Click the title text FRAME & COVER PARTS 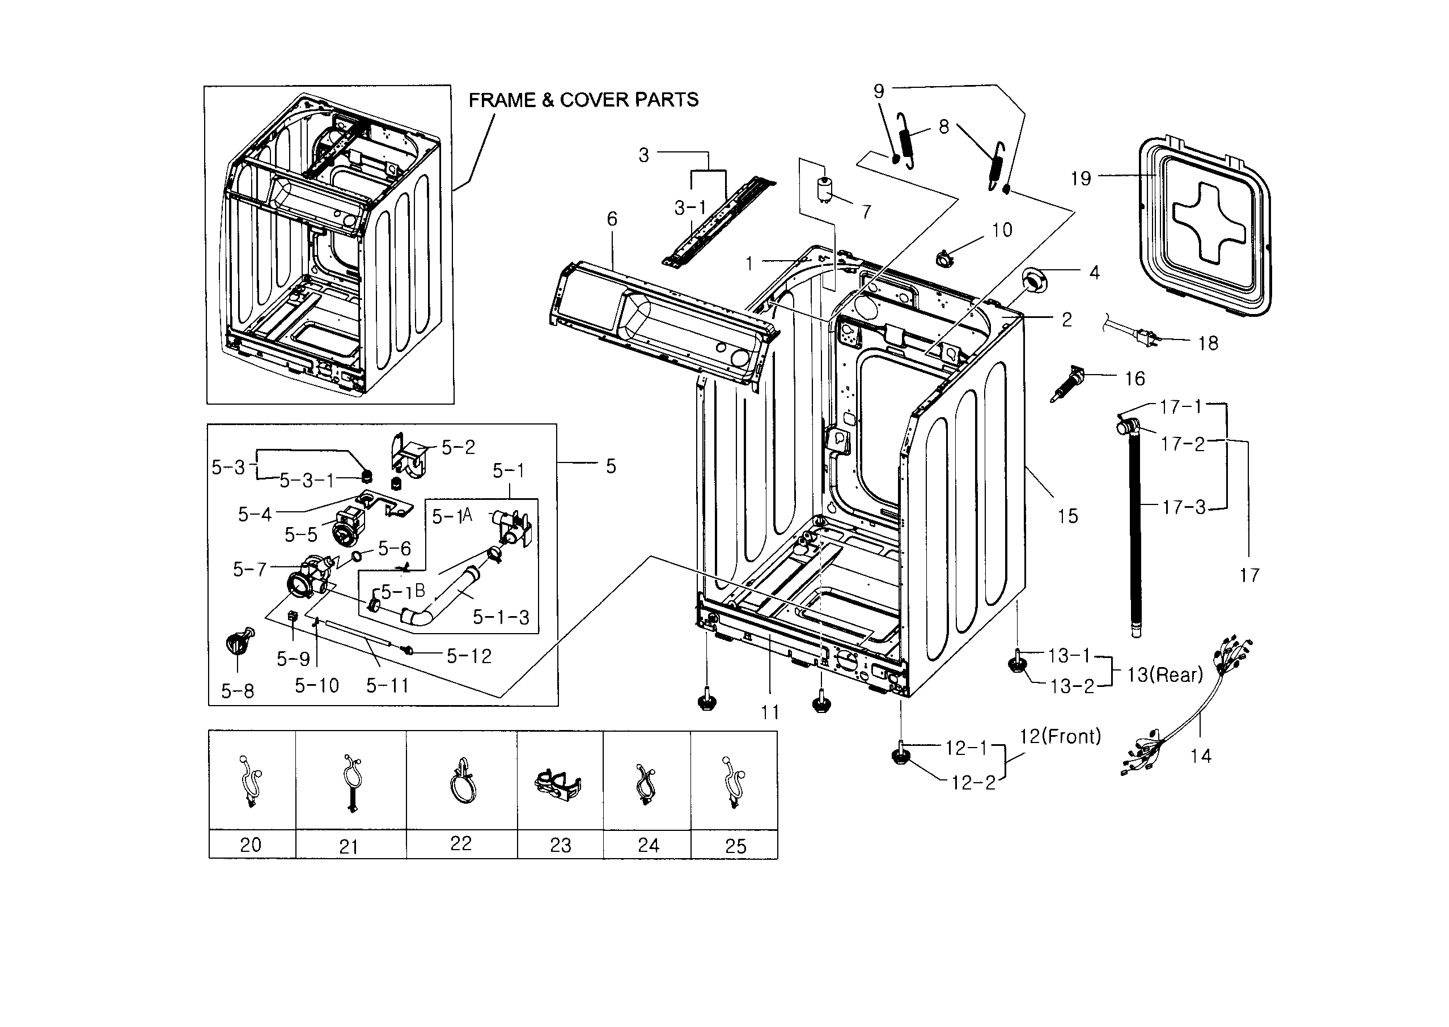[x=583, y=100]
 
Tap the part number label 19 [x=1081, y=179]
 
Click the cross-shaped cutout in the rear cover [x=1209, y=223]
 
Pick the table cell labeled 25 [x=735, y=846]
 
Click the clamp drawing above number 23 [x=558, y=784]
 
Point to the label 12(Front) [x=1060, y=736]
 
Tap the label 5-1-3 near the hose [x=501, y=617]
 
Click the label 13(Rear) [x=1164, y=675]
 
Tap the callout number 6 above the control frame [x=612, y=219]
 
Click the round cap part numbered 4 [x=1035, y=280]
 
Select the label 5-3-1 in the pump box [x=307, y=481]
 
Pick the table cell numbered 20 [x=251, y=844]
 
